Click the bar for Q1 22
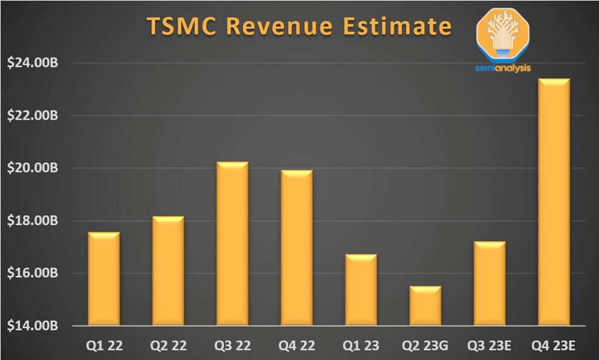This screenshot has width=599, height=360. tap(104, 279)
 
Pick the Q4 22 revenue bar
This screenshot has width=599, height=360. tap(296, 248)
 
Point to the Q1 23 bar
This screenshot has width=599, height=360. tap(361, 290)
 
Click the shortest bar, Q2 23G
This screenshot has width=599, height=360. tap(425, 306)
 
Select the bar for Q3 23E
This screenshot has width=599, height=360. tap(489, 284)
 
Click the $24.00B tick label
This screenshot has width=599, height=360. tap(31, 63)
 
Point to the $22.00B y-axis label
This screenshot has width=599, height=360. tap(31, 116)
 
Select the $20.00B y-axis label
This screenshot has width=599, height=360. tap(31, 168)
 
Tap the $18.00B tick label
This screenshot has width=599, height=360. tap(31, 221)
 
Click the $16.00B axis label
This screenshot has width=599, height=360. tap(31, 273)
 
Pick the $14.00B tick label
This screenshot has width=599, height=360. tap(31, 326)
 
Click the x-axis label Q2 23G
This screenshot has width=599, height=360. tap(425, 345)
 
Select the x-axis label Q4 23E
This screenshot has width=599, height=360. tap(554, 345)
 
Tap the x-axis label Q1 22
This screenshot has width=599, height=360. tap(104, 345)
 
